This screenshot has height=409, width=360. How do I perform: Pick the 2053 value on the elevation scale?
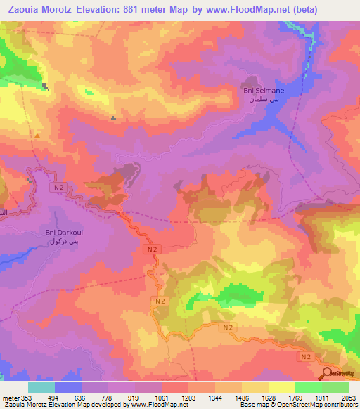pyautogui.click(x=348, y=397)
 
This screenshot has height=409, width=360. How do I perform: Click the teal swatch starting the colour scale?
pyautogui.click(x=41, y=387)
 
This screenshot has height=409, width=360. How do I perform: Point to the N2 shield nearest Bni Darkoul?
pyautogui.click(x=59, y=188)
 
